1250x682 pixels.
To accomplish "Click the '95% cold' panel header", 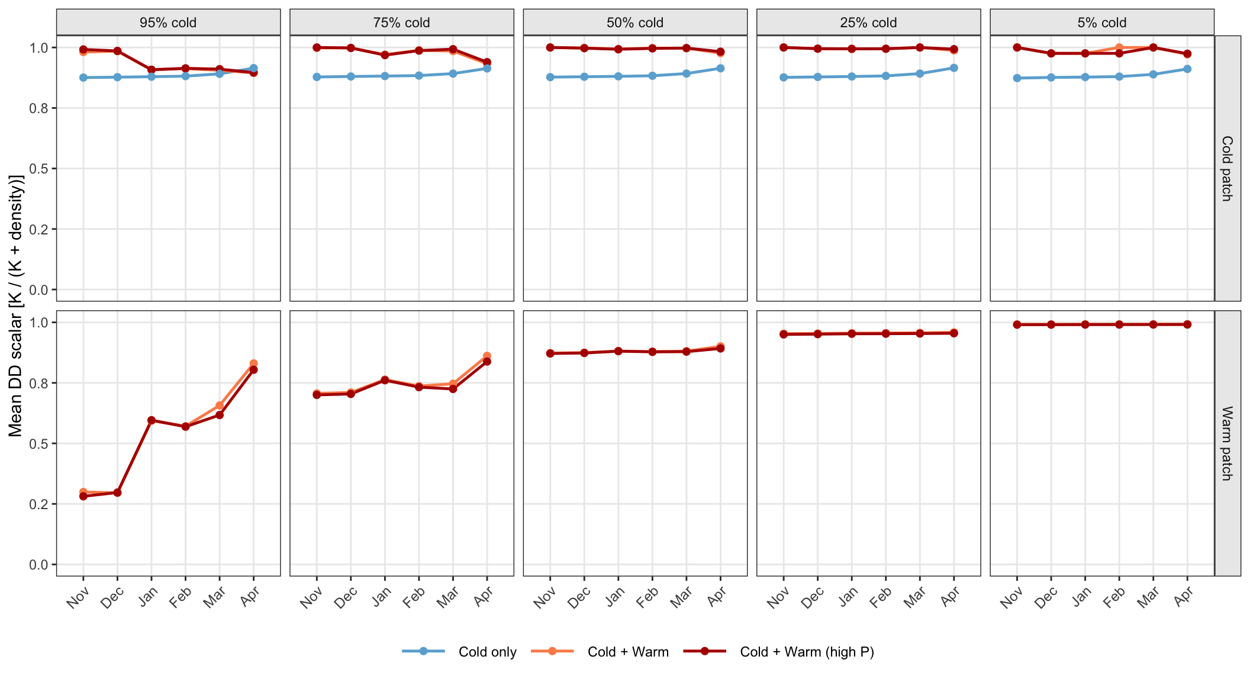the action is pyautogui.click(x=168, y=22).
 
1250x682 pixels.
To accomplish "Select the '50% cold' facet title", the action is pyautogui.click(x=635, y=22).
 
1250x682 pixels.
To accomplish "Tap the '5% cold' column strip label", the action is pyautogui.click(x=1102, y=22).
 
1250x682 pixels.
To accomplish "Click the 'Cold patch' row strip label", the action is pyautogui.click(x=1228, y=169).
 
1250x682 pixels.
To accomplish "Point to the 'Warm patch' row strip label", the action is pyautogui.click(x=1228, y=443).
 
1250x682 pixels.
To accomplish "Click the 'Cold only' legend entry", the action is pyautogui.click(x=459, y=652).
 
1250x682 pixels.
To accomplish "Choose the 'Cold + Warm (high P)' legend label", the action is pyautogui.click(x=779, y=652).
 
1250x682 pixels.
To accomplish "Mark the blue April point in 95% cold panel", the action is pyautogui.click(x=253, y=69).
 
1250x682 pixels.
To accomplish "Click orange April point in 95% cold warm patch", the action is pyautogui.click(x=253, y=363).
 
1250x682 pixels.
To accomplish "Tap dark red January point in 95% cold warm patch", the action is pyautogui.click(x=152, y=420).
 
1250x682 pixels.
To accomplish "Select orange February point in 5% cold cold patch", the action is pyautogui.click(x=1119, y=47).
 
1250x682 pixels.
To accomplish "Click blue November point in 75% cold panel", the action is pyautogui.click(x=317, y=77).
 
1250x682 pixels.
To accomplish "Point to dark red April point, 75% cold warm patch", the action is pyautogui.click(x=487, y=362).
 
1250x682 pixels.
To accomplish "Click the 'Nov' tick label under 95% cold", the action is pyautogui.click(x=78, y=597).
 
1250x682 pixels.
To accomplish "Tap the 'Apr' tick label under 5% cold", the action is pyautogui.click(x=1184, y=596).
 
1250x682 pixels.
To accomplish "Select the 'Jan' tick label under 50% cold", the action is pyautogui.click(x=616, y=596).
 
